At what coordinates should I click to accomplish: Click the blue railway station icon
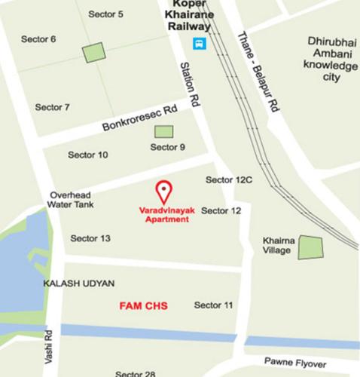[198, 43]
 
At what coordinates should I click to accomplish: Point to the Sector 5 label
[105, 14]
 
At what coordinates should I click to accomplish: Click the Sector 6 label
[38, 38]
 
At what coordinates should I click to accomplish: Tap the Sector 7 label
[52, 107]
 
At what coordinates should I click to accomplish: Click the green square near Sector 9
[163, 131]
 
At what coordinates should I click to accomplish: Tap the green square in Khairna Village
[310, 247]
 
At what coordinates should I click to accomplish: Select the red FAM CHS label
[143, 306]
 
